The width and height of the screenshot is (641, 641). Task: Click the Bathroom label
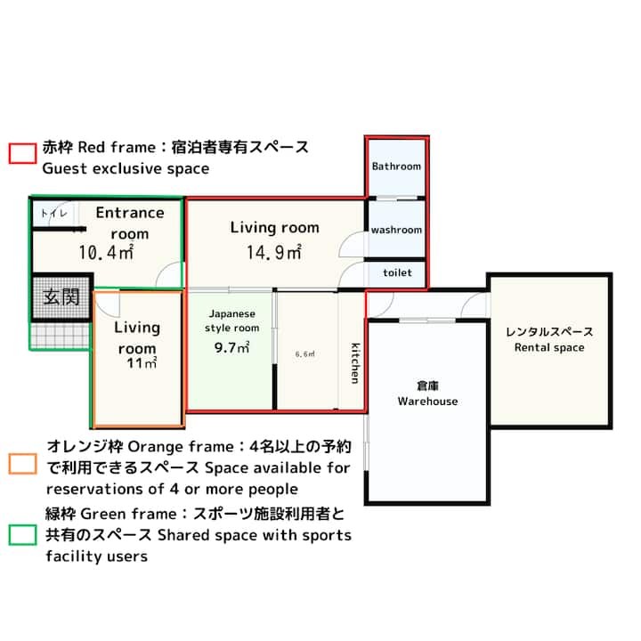396,166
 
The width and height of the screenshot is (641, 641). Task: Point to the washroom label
396,231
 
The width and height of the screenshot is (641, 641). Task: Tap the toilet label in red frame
397,272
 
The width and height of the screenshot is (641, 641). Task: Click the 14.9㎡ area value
274,252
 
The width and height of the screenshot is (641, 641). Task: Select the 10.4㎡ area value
106,252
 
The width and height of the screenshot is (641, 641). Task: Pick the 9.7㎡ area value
231,348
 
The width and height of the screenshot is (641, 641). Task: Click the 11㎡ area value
142,363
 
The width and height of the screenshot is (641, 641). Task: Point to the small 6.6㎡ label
305,354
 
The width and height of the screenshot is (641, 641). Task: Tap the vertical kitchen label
355,363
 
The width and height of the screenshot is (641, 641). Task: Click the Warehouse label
427,402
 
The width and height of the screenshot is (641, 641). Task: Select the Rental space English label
549,348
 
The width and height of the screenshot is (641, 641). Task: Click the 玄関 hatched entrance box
61,296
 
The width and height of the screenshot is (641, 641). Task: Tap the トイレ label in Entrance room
54,213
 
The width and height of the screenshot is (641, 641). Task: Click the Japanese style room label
231,320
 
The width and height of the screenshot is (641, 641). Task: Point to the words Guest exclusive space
126,168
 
